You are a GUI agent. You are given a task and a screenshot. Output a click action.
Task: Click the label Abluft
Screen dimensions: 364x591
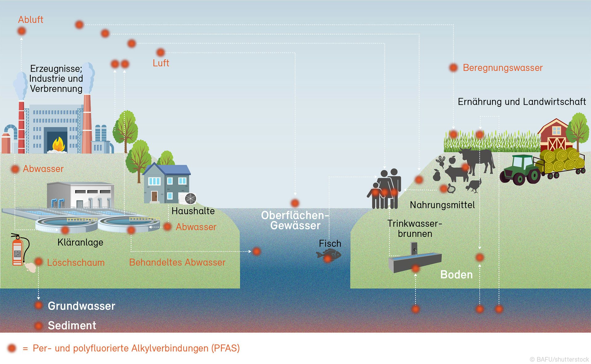[x=30, y=20]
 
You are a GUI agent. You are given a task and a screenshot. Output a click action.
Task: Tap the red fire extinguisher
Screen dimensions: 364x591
[x=18, y=251]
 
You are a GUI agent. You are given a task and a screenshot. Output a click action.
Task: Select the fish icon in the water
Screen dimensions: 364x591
[x=329, y=255]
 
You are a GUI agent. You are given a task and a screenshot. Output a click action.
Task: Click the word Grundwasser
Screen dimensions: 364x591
[x=81, y=306]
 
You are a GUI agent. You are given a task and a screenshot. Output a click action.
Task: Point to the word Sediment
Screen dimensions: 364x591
[x=72, y=325]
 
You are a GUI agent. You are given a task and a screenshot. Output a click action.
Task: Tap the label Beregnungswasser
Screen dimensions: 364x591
[x=502, y=68]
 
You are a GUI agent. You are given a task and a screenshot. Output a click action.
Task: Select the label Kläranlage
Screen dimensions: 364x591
[x=80, y=242]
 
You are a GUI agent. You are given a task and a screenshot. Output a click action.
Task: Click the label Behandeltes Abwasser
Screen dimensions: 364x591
[x=177, y=262]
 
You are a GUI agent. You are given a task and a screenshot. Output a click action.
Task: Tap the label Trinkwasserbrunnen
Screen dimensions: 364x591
[x=415, y=228]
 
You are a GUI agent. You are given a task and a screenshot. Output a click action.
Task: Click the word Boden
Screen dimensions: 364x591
[x=456, y=274]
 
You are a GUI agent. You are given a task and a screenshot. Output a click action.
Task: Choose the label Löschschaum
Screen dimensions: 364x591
[x=76, y=262]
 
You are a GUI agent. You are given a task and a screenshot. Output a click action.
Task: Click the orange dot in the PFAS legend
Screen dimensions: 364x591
[x=12, y=348]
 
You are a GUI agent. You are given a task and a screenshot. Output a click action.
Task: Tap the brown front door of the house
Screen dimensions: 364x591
[x=154, y=196]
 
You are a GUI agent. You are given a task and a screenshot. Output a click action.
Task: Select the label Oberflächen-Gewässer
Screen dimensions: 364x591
[x=295, y=220]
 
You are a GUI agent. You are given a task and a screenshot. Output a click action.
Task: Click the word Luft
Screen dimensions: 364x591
[x=161, y=63]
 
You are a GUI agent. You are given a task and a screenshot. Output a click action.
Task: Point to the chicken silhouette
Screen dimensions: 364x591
[x=473, y=185]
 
